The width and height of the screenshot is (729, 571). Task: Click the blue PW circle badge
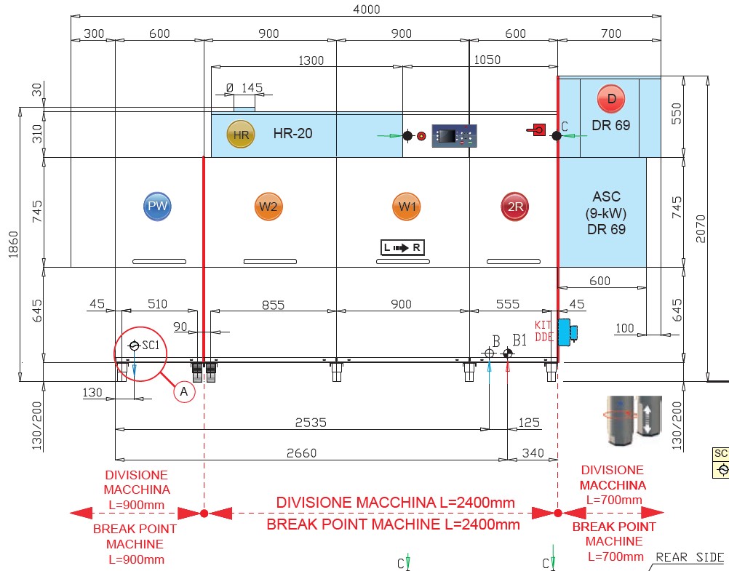coord(157,207)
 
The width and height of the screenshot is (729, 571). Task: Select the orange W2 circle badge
coord(268,207)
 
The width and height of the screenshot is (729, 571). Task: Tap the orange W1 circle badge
coord(406,207)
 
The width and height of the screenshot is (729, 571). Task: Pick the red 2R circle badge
coord(515,207)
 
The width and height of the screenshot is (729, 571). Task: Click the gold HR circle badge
coord(241,135)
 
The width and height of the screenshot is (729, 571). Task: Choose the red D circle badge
coord(611,98)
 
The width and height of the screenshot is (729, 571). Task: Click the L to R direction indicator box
coord(402,248)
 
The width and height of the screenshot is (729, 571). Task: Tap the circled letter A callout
coord(184,391)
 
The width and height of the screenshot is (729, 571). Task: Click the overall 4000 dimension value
coord(366,9)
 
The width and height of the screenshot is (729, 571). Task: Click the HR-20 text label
coord(292,133)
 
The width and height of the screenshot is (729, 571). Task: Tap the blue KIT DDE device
coord(565,331)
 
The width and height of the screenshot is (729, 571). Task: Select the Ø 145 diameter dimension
coord(244,88)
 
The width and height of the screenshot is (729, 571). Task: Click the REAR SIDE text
coord(690,558)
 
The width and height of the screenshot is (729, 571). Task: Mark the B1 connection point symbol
coord(507,354)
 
